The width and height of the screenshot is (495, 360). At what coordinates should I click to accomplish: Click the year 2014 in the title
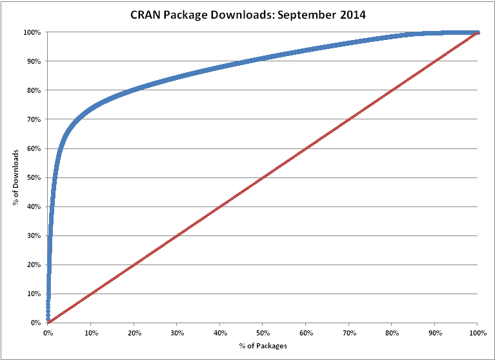(350, 15)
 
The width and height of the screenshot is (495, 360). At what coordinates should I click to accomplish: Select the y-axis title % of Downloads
(15, 177)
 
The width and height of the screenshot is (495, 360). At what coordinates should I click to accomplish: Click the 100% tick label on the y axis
(34, 32)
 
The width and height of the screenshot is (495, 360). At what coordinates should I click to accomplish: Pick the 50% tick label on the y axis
(35, 177)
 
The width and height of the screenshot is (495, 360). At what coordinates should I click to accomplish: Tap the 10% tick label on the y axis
(35, 294)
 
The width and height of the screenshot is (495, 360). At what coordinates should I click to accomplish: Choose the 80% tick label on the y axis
(35, 90)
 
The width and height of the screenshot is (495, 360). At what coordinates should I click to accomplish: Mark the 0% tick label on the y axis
(37, 323)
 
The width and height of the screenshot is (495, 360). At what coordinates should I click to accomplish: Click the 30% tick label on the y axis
(35, 235)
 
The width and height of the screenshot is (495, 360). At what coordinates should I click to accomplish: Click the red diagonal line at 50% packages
(262, 177)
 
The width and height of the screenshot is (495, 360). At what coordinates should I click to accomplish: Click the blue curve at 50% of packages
(262, 59)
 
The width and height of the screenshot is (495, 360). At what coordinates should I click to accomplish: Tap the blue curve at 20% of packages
(134, 89)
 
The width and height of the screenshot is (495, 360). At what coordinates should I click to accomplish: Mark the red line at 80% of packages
(391, 90)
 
